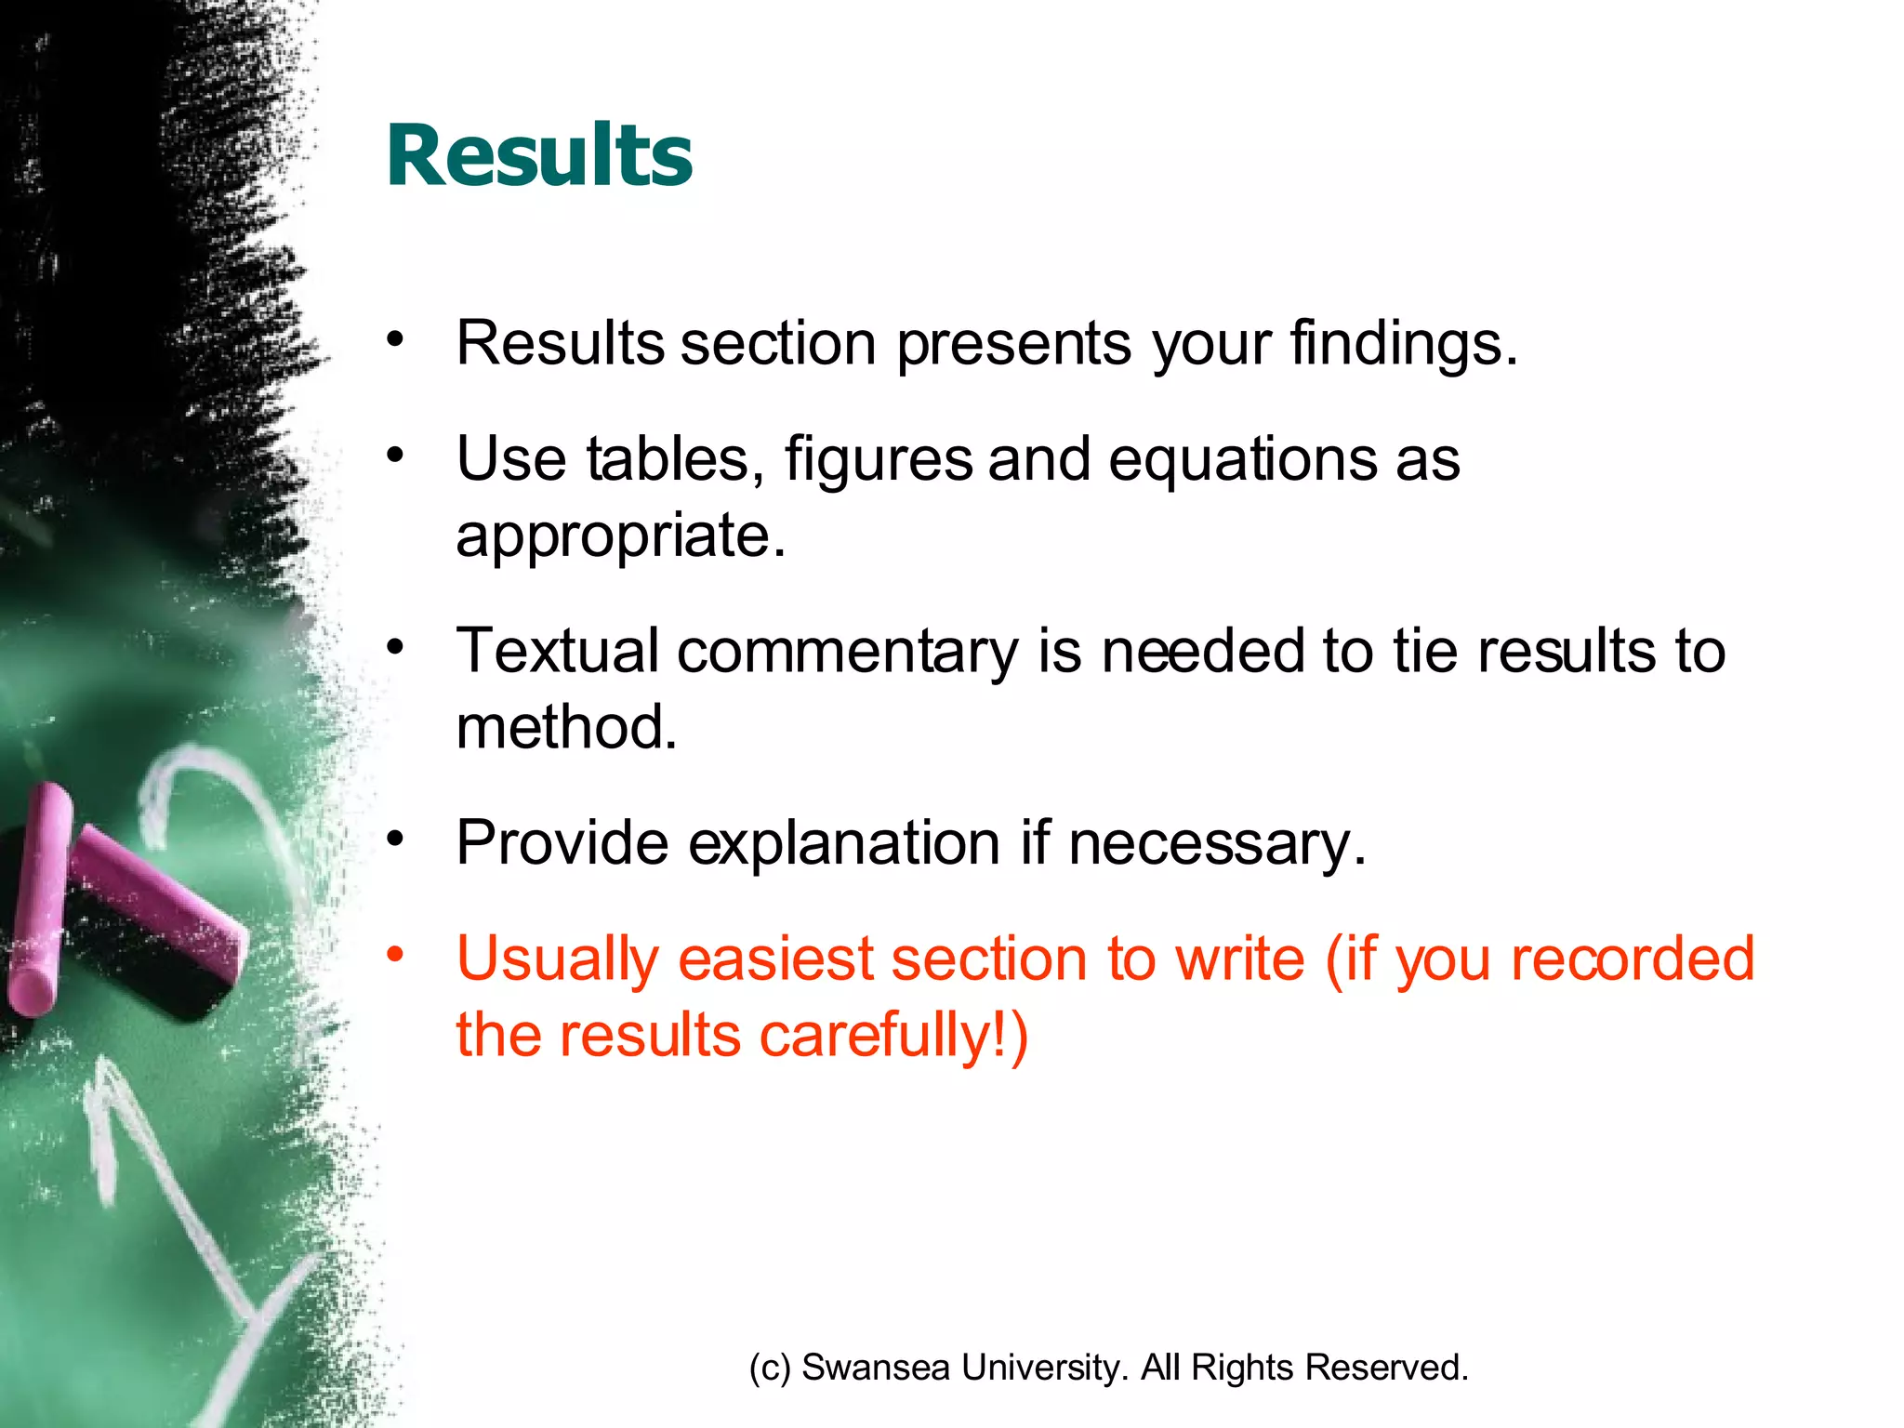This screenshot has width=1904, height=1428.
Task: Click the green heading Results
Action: [x=539, y=155]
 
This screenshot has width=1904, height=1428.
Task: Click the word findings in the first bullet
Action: [x=1402, y=344]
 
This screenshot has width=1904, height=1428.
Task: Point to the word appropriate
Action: [x=620, y=536]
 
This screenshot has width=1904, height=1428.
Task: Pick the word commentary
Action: [x=847, y=652]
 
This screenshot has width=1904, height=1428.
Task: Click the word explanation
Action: [x=843, y=844]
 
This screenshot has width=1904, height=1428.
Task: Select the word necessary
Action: [x=1216, y=844]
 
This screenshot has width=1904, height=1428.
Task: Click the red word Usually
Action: [x=557, y=960]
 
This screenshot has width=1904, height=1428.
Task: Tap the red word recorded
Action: [x=1632, y=959]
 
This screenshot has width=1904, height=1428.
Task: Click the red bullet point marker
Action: [x=396, y=954]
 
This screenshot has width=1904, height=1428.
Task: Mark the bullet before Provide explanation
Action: [x=396, y=839]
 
